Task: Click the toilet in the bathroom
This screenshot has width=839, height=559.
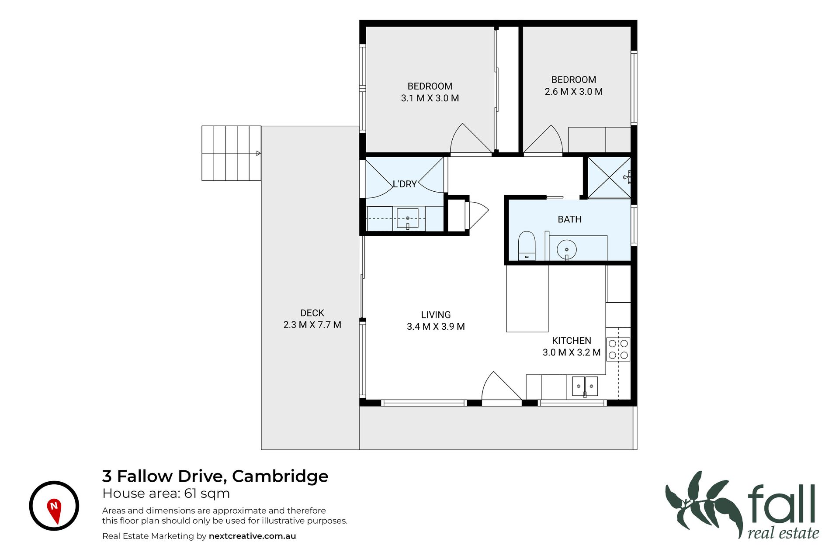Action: point(527,246)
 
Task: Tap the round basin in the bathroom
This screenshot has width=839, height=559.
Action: point(567,250)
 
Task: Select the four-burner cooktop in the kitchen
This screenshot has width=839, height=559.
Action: point(618,349)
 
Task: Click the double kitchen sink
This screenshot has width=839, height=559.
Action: point(585,386)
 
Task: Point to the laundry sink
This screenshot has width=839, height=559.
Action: point(408,218)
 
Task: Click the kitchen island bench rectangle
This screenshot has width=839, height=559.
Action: point(527,298)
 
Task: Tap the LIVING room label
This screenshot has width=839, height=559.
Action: point(436,314)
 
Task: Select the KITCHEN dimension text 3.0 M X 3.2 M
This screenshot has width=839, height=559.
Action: point(572,352)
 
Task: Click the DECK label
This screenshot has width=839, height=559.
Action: point(312,313)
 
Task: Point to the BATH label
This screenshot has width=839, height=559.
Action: point(569,219)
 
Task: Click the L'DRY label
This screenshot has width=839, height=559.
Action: point(404,184)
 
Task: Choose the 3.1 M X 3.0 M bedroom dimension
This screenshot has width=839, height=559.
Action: point(430,98)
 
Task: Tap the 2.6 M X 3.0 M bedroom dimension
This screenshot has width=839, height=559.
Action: point(573,92)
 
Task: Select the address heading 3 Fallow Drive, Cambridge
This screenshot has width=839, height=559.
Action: point(215,476)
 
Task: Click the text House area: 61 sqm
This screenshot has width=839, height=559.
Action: point(166,493)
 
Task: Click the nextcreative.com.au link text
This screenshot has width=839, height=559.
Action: point(252,536)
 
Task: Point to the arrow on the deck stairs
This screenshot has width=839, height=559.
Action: point(258,153)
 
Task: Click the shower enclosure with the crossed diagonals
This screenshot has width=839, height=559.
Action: point(609,177)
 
